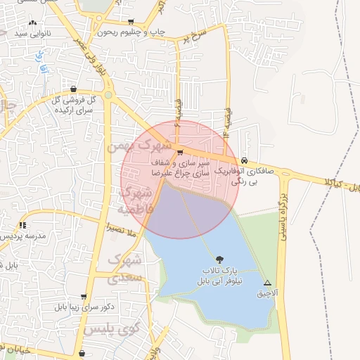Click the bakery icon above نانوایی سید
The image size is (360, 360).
[32, 23]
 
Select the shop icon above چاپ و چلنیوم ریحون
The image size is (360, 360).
[131, 22]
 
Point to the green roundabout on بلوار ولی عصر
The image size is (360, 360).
[108, 95]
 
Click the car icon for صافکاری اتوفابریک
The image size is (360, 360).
[243, 161]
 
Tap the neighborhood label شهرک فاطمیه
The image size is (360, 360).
[136, 200]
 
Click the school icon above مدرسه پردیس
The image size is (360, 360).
[23, 225]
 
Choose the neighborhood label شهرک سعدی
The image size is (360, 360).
[126, 268]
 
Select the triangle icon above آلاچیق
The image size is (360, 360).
[266, 281]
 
